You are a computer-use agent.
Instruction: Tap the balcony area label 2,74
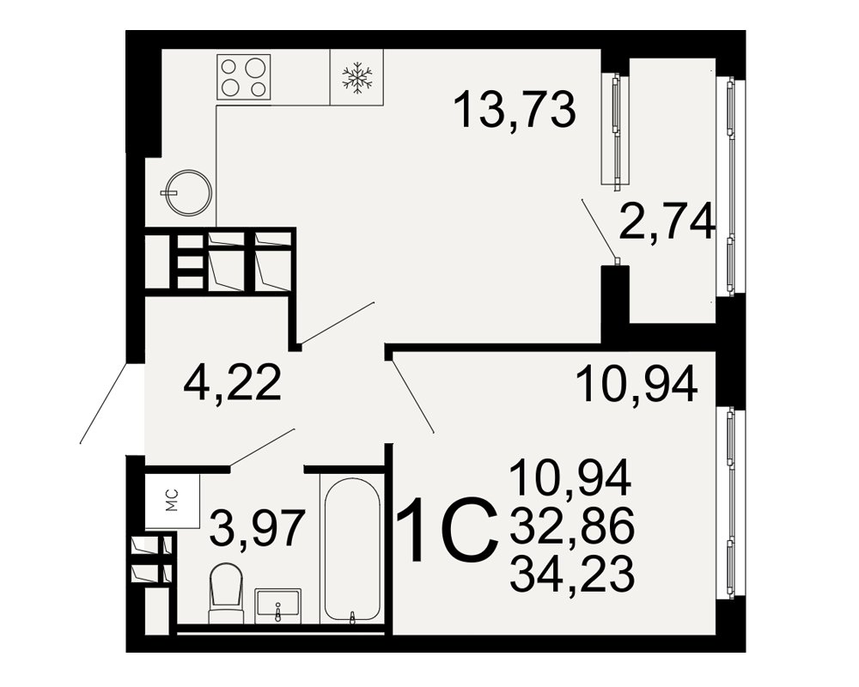(x=667, y=222)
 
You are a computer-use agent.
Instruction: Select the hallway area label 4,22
(x=233, y=383)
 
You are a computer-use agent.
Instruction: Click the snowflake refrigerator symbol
(x=356, y=76)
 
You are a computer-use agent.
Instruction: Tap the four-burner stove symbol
(x=244, y=76)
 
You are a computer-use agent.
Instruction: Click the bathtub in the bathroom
(x=351, y=550)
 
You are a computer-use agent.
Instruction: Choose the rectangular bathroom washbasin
(x=277, y=605)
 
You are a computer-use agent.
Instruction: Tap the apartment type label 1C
(x=448, y=531)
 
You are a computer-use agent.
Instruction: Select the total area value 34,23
(x=571, y=573)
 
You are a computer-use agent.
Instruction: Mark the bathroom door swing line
(x=262, y=447)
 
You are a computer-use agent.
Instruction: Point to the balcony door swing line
(x=599, y=229)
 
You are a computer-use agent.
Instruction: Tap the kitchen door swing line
(x=337, y=323)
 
